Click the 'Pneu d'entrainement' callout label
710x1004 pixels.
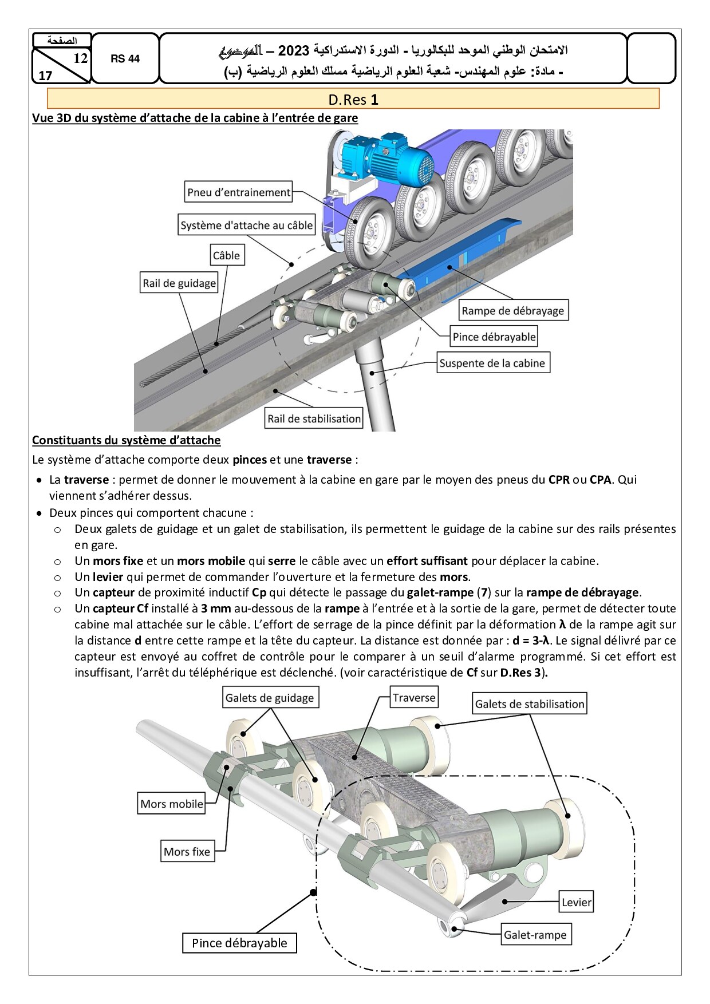click(239, 192)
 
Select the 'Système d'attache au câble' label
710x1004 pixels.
click(247, 225)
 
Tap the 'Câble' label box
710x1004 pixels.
click(226, 255)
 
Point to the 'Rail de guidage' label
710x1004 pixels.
click(180, 283)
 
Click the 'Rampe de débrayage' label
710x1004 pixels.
click(513, 310)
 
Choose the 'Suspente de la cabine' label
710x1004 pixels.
click(492, 363)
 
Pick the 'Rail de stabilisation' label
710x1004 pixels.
click(314, 418)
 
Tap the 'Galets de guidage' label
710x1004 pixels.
click(270, 698)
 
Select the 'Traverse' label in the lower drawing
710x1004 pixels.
click(414, 698)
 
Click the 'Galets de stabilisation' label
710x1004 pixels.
click(530, 704)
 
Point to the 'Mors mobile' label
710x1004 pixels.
click(172, 804)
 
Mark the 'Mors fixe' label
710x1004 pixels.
click(187, 851)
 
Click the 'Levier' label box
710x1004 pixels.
click(577, 902)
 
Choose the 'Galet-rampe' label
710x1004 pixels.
click(535, 935)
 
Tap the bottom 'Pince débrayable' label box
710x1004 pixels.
click(239, 943)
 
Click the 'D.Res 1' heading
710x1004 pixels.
click(353, 100)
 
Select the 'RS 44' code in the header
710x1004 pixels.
click(125, 58)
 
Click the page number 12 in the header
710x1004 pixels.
click(80, 58)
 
